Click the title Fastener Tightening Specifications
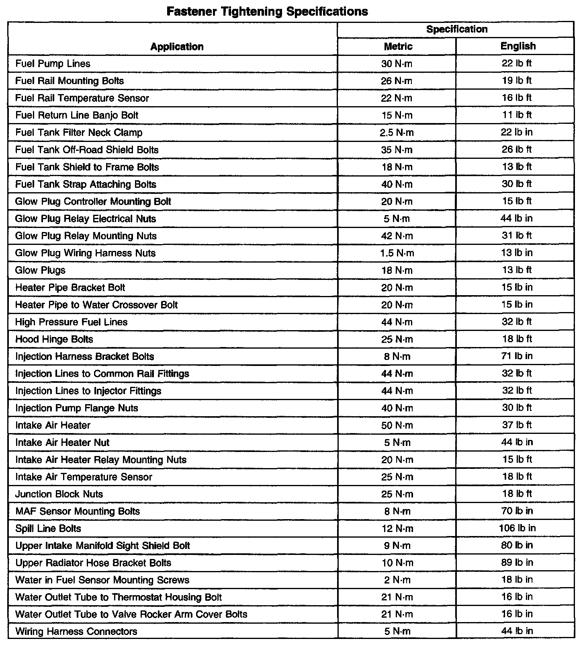pos(267,11)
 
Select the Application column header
pos(177,47)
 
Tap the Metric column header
pos(398,46)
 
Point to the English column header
pos(518,46)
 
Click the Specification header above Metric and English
pos(456,29)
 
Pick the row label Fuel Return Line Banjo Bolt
pos(77,115)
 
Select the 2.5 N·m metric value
pos(397,133)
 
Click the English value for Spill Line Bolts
pos(517,528)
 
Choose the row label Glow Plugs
pos(40,270)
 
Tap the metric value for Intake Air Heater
pos(397,425)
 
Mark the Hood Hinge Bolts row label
pos(54,339)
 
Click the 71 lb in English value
pos(517,356)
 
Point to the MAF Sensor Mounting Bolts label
pos(78,511)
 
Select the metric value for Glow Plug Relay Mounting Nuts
pos(397,236)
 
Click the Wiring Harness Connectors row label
pos(76,631)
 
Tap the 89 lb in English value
pos(517,563)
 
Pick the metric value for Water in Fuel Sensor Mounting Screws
pos(397,580)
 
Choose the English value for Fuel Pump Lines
pos(517,64)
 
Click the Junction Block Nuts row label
pos(59,494)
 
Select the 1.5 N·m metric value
pos(397,253)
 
